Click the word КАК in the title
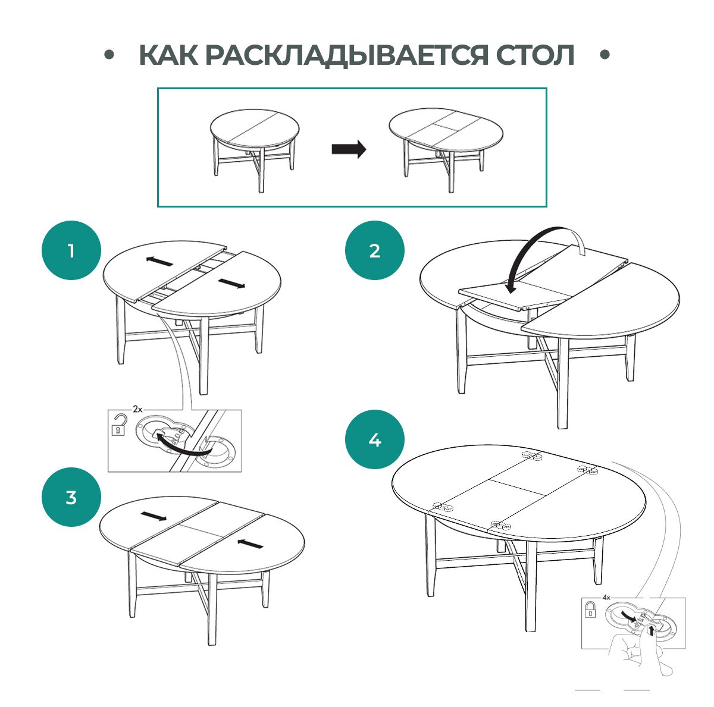tap(168, 55)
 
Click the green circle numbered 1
tap(71, 250)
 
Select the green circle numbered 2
tap(374, 250)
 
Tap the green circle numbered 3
tap(71, 497)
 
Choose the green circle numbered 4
tap(374, 440)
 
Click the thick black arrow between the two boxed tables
tap(349, 149)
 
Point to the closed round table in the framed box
tap(254, 146)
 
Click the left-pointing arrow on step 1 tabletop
tap(159, 262)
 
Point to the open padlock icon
tap(120, 425)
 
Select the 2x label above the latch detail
tap(137, 409)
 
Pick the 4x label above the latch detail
tap(606, 596)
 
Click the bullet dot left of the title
tap(109, 55)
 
